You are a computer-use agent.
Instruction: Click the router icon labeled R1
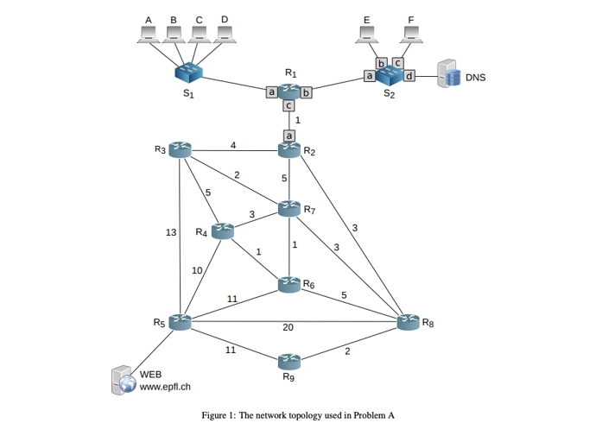[289, 90]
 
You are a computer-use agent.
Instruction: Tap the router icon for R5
[180, 322]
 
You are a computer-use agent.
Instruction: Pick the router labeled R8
[408, 322]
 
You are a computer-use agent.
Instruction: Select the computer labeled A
[148, 35]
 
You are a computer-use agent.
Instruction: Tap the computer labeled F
[411, 35]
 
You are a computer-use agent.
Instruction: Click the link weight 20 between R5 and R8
[288, 327]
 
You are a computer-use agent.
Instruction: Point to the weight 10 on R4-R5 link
[197, 270]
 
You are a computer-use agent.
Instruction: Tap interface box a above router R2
[289, 135]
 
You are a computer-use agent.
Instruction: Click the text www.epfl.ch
[165, 387]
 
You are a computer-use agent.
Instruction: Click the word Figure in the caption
[214, 415]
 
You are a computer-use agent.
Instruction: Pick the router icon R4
[223, 230]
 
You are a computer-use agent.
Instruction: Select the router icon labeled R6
[289, 283]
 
